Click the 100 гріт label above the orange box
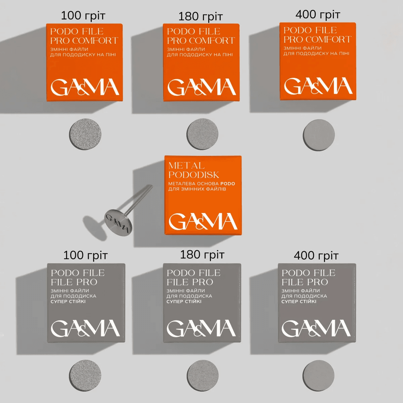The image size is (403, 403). pyautogui.click(x=83, y=15)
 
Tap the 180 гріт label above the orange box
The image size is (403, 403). pyautogui.click(x=200, y=16)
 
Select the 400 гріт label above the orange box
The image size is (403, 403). pyautogui.click(x=318, y=14)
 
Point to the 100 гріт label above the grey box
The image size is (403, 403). pyautogui.click(x=85, y=255)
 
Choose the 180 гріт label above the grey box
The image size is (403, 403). pyautogui.click(x=202, y=255)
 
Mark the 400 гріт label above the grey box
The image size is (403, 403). pyautogui.click(x=316, y=256)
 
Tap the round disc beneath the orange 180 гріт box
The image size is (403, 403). pyautogui.click(x=203, y=134)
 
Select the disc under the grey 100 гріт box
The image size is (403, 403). pyautogui.click(x=85, y=375)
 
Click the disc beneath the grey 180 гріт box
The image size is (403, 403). pyautogui.click(x=203, y=375)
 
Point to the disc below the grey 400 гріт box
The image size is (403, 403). pyautogui.click(x=318, y=375)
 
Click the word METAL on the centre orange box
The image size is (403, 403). pyautogui.click(x=186, y=166)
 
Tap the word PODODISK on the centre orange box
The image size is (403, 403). pyautogui.click(x=193, y=175)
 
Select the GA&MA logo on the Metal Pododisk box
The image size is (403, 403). pyautogui.click(x=203, y=222)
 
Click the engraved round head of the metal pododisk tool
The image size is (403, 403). pyautogui.click(x=118, y=222)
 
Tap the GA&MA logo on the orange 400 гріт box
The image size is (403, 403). pyautogui.click(x=318, y=86)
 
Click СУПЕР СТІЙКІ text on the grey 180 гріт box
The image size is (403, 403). pyautogui.click(x=184, y=302)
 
